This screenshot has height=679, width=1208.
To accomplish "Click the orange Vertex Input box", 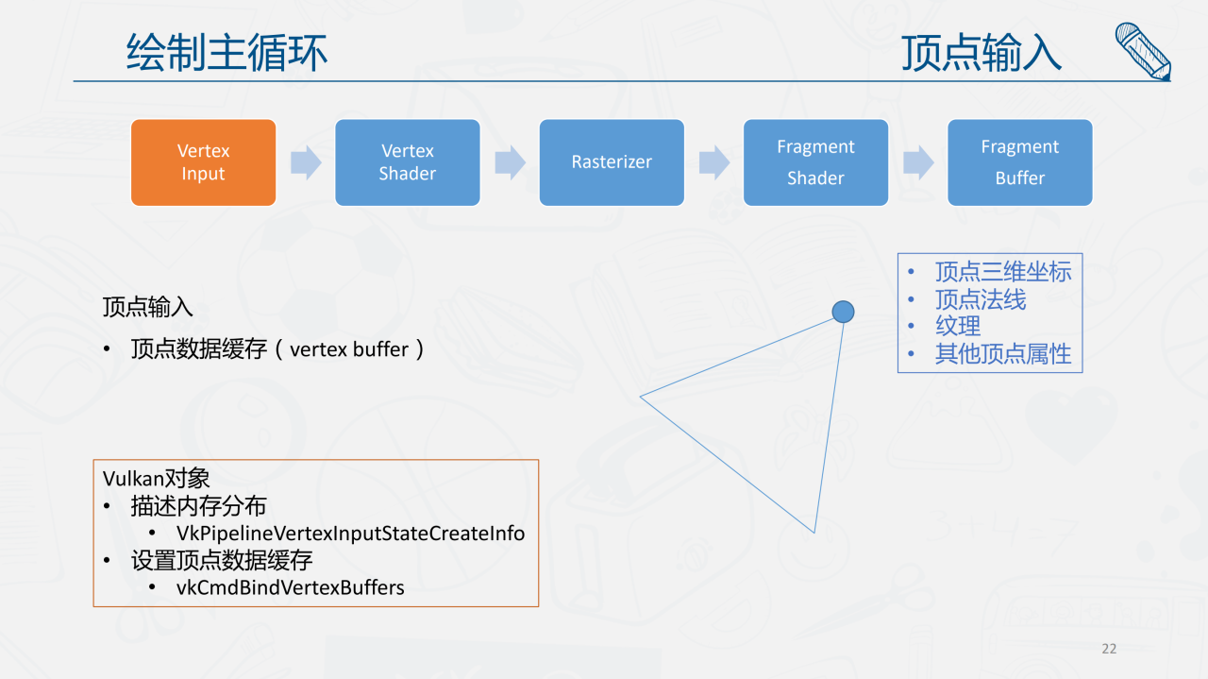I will (x=203, y=162).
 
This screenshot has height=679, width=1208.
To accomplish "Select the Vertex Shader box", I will (x=408, y=162).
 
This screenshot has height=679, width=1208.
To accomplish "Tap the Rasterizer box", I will (x=612, y=162).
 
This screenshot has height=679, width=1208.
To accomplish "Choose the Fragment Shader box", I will (x=815, y=162).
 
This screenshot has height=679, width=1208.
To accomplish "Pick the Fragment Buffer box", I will (x=1019, y=162).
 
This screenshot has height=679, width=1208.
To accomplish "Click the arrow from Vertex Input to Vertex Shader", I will (x=306, y=162).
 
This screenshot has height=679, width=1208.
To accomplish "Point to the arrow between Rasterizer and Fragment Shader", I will (x=714, y=162).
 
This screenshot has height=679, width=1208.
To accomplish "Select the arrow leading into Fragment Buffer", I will (x=918, y=162).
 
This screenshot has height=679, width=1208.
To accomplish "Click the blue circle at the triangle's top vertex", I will (x=843, y=312).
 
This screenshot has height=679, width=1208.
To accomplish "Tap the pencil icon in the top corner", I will (x=1142, y=51).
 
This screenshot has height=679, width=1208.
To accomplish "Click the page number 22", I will (x=1109, y=649).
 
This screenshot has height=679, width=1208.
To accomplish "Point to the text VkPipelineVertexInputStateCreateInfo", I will (x=350, y=534).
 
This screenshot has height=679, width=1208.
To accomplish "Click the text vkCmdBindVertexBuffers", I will (x=290, y=587).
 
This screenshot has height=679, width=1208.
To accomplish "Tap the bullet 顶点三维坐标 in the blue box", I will (x=1003, y=272).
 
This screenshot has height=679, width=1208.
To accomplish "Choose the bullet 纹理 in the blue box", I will (x=958, y=326).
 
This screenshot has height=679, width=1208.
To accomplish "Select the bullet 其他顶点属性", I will (x=1003, y=354).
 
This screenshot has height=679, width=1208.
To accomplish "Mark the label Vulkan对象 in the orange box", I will (x=156, y=479).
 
